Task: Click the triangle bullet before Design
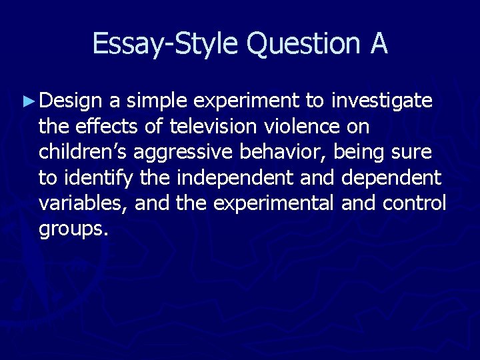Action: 27,102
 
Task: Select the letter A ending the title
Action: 377,44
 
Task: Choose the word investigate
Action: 382,102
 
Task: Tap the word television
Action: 213,127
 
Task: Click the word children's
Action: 83,152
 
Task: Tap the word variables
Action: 83,203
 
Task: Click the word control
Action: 414,203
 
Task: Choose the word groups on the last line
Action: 73,229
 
